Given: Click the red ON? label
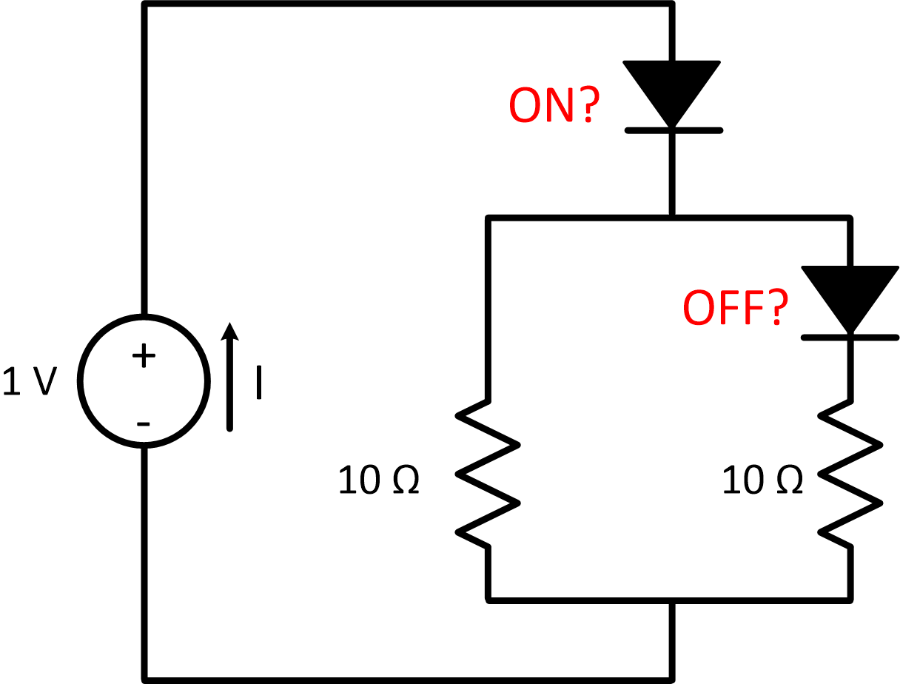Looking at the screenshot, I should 552,106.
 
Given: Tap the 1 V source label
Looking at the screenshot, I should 30,381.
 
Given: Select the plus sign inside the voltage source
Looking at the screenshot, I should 144,357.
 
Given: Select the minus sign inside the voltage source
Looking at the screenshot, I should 144,423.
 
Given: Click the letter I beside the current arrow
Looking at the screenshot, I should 258,382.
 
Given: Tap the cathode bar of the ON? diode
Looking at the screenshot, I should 673,130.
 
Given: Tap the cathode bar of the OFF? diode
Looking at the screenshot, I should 850,338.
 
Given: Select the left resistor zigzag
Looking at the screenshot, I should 488,474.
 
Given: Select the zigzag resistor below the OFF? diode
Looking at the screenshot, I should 850,474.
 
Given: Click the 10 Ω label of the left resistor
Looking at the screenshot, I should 379,481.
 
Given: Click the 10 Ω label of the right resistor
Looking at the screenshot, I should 762,481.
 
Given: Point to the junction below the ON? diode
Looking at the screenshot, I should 672,218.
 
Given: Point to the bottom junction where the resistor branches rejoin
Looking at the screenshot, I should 672,600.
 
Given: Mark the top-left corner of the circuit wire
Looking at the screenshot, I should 145,5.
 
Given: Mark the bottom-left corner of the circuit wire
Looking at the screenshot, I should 145,678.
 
